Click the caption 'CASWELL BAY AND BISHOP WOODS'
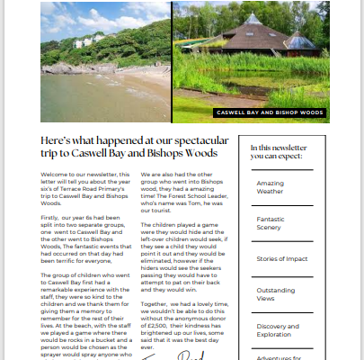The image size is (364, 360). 266,113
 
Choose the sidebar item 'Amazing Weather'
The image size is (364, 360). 270,187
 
